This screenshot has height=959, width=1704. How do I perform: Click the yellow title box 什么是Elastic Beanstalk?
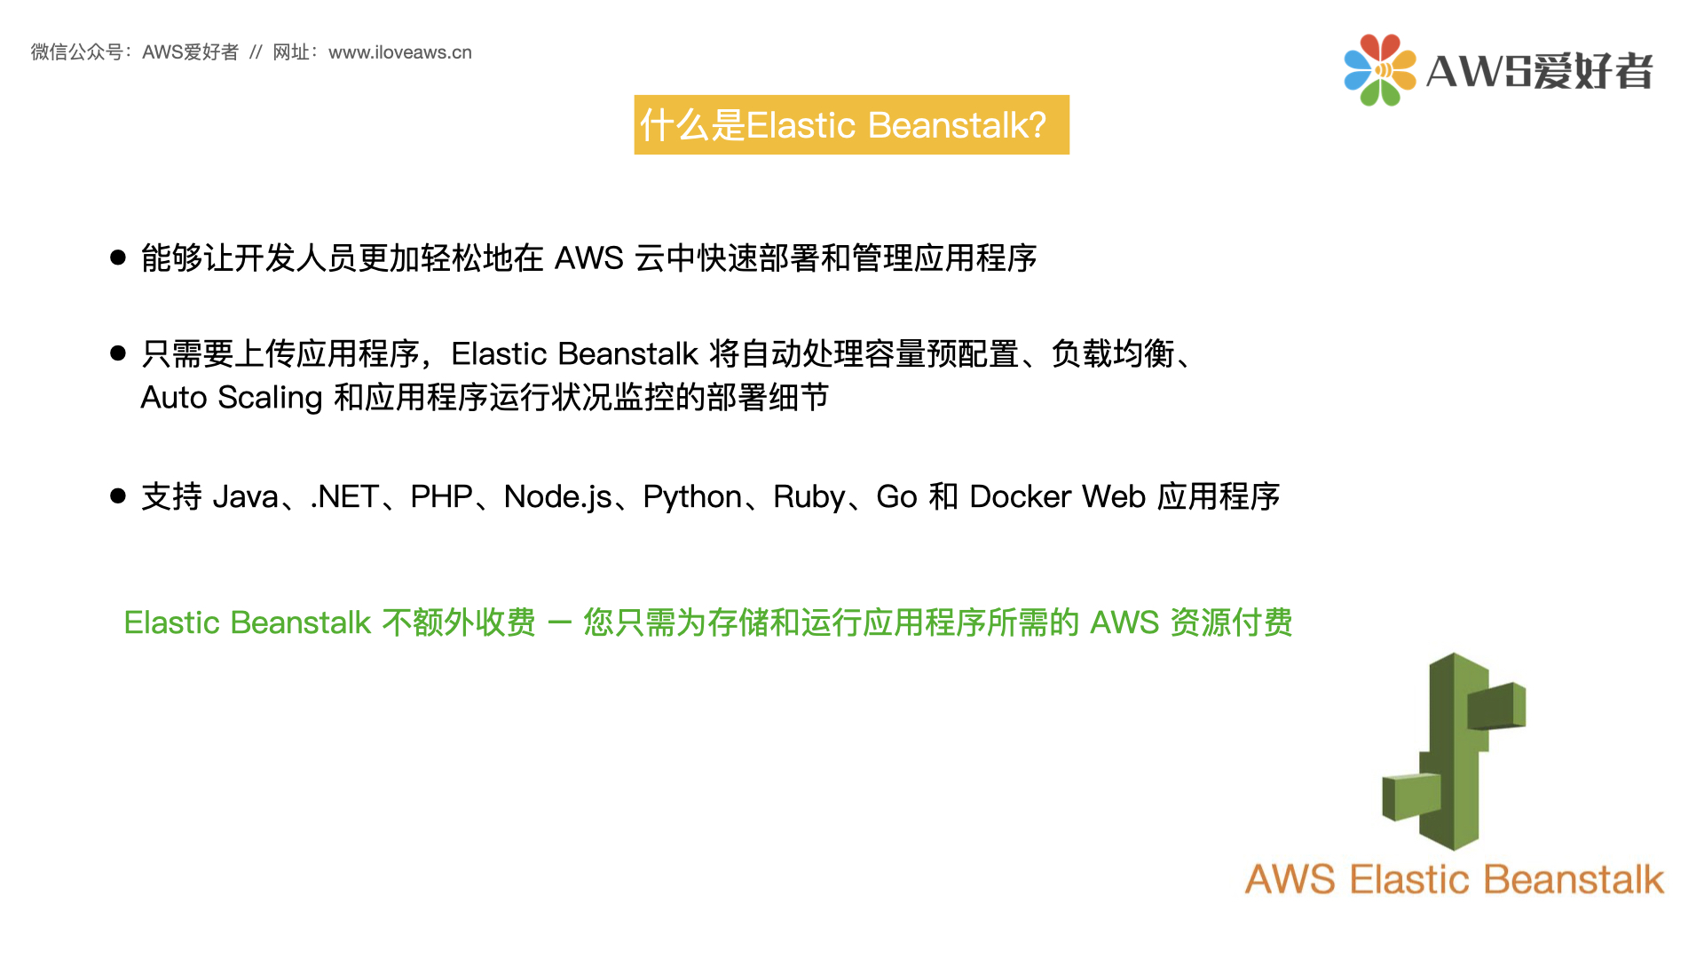851,125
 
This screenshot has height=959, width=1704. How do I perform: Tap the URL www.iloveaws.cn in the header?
399,52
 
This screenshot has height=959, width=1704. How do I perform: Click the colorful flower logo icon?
1379,70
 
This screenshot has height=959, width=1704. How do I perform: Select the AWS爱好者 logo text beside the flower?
1539,71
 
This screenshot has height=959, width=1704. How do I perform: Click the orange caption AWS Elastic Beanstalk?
1454,880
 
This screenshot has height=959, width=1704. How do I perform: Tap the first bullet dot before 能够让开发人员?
118,258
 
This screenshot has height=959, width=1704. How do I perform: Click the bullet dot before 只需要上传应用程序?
118,353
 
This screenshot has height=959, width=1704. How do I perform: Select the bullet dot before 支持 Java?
118,495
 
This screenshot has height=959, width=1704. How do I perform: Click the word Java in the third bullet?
246,497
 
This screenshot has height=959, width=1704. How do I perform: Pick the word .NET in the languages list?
344,497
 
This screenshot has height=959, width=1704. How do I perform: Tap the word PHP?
441,497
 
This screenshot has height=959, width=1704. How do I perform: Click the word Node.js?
557,497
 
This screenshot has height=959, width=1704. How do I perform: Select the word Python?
692,497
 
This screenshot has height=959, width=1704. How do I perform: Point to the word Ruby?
809,497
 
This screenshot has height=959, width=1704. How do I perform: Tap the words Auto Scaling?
231,398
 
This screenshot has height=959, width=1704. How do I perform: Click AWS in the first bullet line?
589,258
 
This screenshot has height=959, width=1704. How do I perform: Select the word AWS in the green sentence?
1124,623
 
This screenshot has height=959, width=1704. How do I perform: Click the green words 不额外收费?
459,623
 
